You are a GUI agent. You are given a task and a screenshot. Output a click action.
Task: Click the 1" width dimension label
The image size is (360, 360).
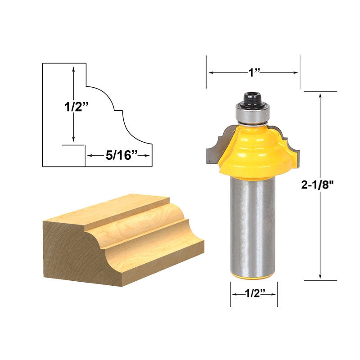tap(254, 72)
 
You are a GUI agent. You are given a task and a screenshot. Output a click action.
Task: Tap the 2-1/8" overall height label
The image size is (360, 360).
tap(317, 184)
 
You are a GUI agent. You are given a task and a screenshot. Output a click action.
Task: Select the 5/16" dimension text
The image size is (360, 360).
tap(121, 155)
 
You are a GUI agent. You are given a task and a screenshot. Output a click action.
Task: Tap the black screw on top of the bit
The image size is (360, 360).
tap(253, 99)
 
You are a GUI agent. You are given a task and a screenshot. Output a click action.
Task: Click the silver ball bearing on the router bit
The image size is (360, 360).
tap(252, 114)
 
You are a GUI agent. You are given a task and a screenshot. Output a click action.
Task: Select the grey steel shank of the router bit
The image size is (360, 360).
tap(252, 227)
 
